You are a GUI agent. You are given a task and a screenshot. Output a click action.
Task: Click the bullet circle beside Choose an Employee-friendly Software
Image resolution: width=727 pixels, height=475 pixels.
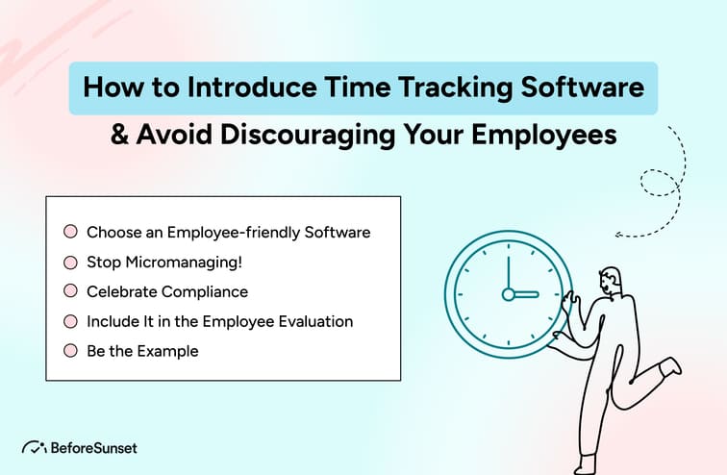point(70,232)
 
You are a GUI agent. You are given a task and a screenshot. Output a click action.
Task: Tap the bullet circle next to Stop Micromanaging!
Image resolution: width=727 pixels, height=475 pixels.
point(70,262)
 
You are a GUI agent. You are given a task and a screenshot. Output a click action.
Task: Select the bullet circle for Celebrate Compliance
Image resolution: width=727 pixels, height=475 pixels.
point(70,291)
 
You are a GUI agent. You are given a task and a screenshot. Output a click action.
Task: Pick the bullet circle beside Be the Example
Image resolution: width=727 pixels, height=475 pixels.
point(70,351)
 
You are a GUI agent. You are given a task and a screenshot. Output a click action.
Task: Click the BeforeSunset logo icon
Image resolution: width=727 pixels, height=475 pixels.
point(34,447)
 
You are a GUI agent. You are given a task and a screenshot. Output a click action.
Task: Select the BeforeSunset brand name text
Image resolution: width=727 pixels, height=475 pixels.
point(94,447)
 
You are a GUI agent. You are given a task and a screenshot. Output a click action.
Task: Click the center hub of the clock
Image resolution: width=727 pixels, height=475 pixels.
point(509,294)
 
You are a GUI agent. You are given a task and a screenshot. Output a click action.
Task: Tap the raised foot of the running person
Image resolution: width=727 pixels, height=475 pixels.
point(672,366)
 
